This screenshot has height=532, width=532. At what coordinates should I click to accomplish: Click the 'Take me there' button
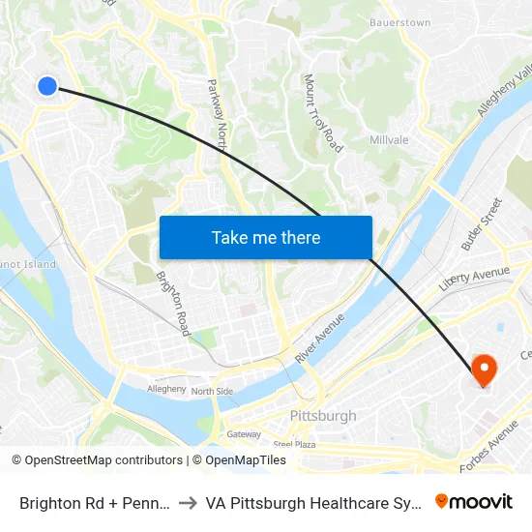[266, 238]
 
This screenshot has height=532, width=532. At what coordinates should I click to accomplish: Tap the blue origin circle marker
[47, 86]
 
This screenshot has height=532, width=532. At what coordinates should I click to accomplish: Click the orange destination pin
[484, 369]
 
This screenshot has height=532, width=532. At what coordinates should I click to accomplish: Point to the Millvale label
[389, 140]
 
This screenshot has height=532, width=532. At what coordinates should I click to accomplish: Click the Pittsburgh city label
[323, 416]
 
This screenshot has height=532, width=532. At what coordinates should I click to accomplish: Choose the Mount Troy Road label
[323, 113]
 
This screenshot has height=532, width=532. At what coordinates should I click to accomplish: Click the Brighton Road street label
[172, 303]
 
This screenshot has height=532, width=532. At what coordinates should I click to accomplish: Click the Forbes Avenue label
[489, 445]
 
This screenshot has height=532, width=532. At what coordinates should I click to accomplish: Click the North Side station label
[212, 392]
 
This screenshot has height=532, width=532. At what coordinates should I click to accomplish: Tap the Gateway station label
[244, 434]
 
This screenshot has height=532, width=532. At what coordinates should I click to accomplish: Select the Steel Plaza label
[294, 444]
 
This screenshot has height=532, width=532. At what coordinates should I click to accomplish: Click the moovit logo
[473, 501]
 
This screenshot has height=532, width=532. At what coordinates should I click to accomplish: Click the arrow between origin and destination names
[188, 503]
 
